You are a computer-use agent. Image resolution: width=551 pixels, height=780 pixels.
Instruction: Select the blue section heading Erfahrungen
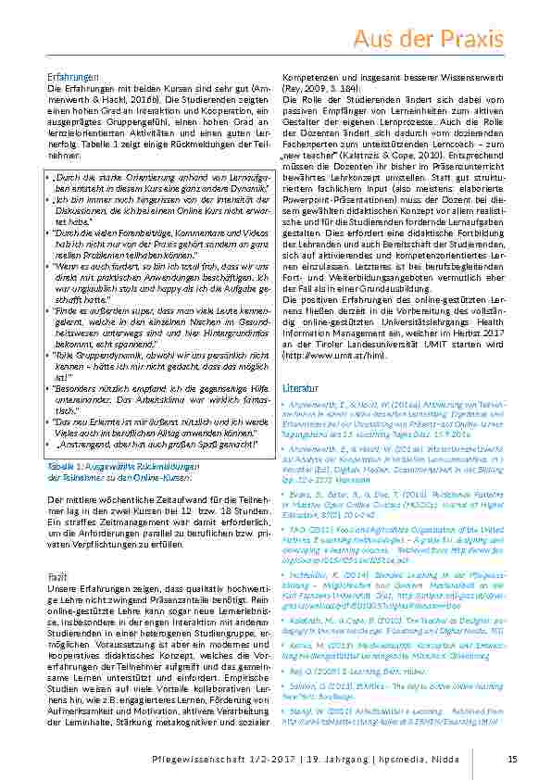pos(72,76)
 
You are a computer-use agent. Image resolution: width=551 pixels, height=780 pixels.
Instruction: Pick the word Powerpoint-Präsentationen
pos(332,225)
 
